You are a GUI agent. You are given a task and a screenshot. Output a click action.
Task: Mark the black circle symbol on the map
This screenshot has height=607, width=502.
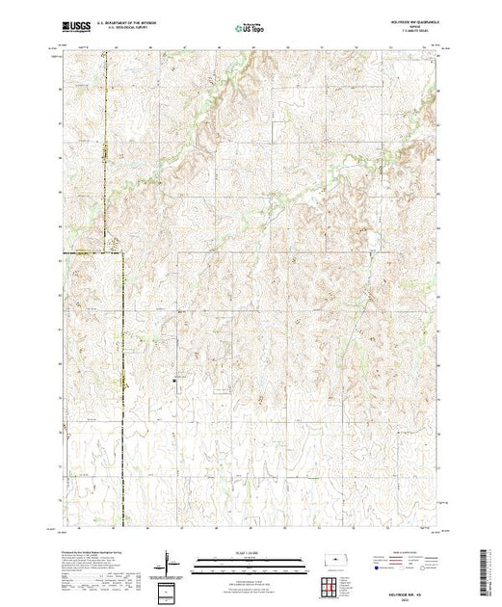[174, 380]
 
